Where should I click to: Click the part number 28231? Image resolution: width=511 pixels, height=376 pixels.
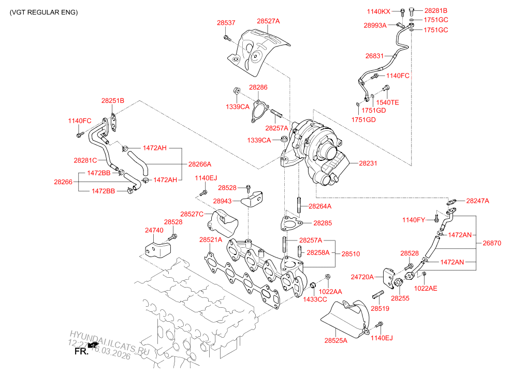[368, 163]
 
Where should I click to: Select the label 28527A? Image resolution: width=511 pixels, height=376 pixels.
[268, 21]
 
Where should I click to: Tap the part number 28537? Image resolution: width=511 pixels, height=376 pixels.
[226, 23]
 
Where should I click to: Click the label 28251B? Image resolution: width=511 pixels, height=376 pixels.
[113, 101]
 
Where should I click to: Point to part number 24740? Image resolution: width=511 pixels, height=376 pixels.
[154, 230]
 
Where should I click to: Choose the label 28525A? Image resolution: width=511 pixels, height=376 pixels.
[336, 340]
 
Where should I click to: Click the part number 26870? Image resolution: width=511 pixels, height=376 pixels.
[492, 243]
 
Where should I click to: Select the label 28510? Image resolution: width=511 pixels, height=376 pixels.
[351, 254]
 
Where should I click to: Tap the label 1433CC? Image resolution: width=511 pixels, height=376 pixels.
[315, 299]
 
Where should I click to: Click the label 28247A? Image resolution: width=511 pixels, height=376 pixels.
[477, 201]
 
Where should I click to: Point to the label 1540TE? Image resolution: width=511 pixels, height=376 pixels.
[388, 102]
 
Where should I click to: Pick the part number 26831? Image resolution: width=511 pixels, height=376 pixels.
[375, 56]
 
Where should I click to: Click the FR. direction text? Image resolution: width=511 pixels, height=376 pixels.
[82, 352]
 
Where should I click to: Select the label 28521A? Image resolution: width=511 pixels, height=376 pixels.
[211, 240]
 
